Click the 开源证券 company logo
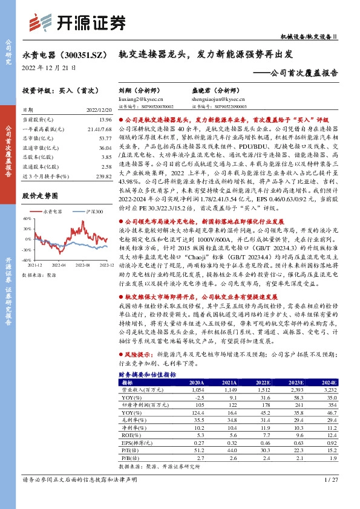click(77, 23)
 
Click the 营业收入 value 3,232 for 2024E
click(327, 390)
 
